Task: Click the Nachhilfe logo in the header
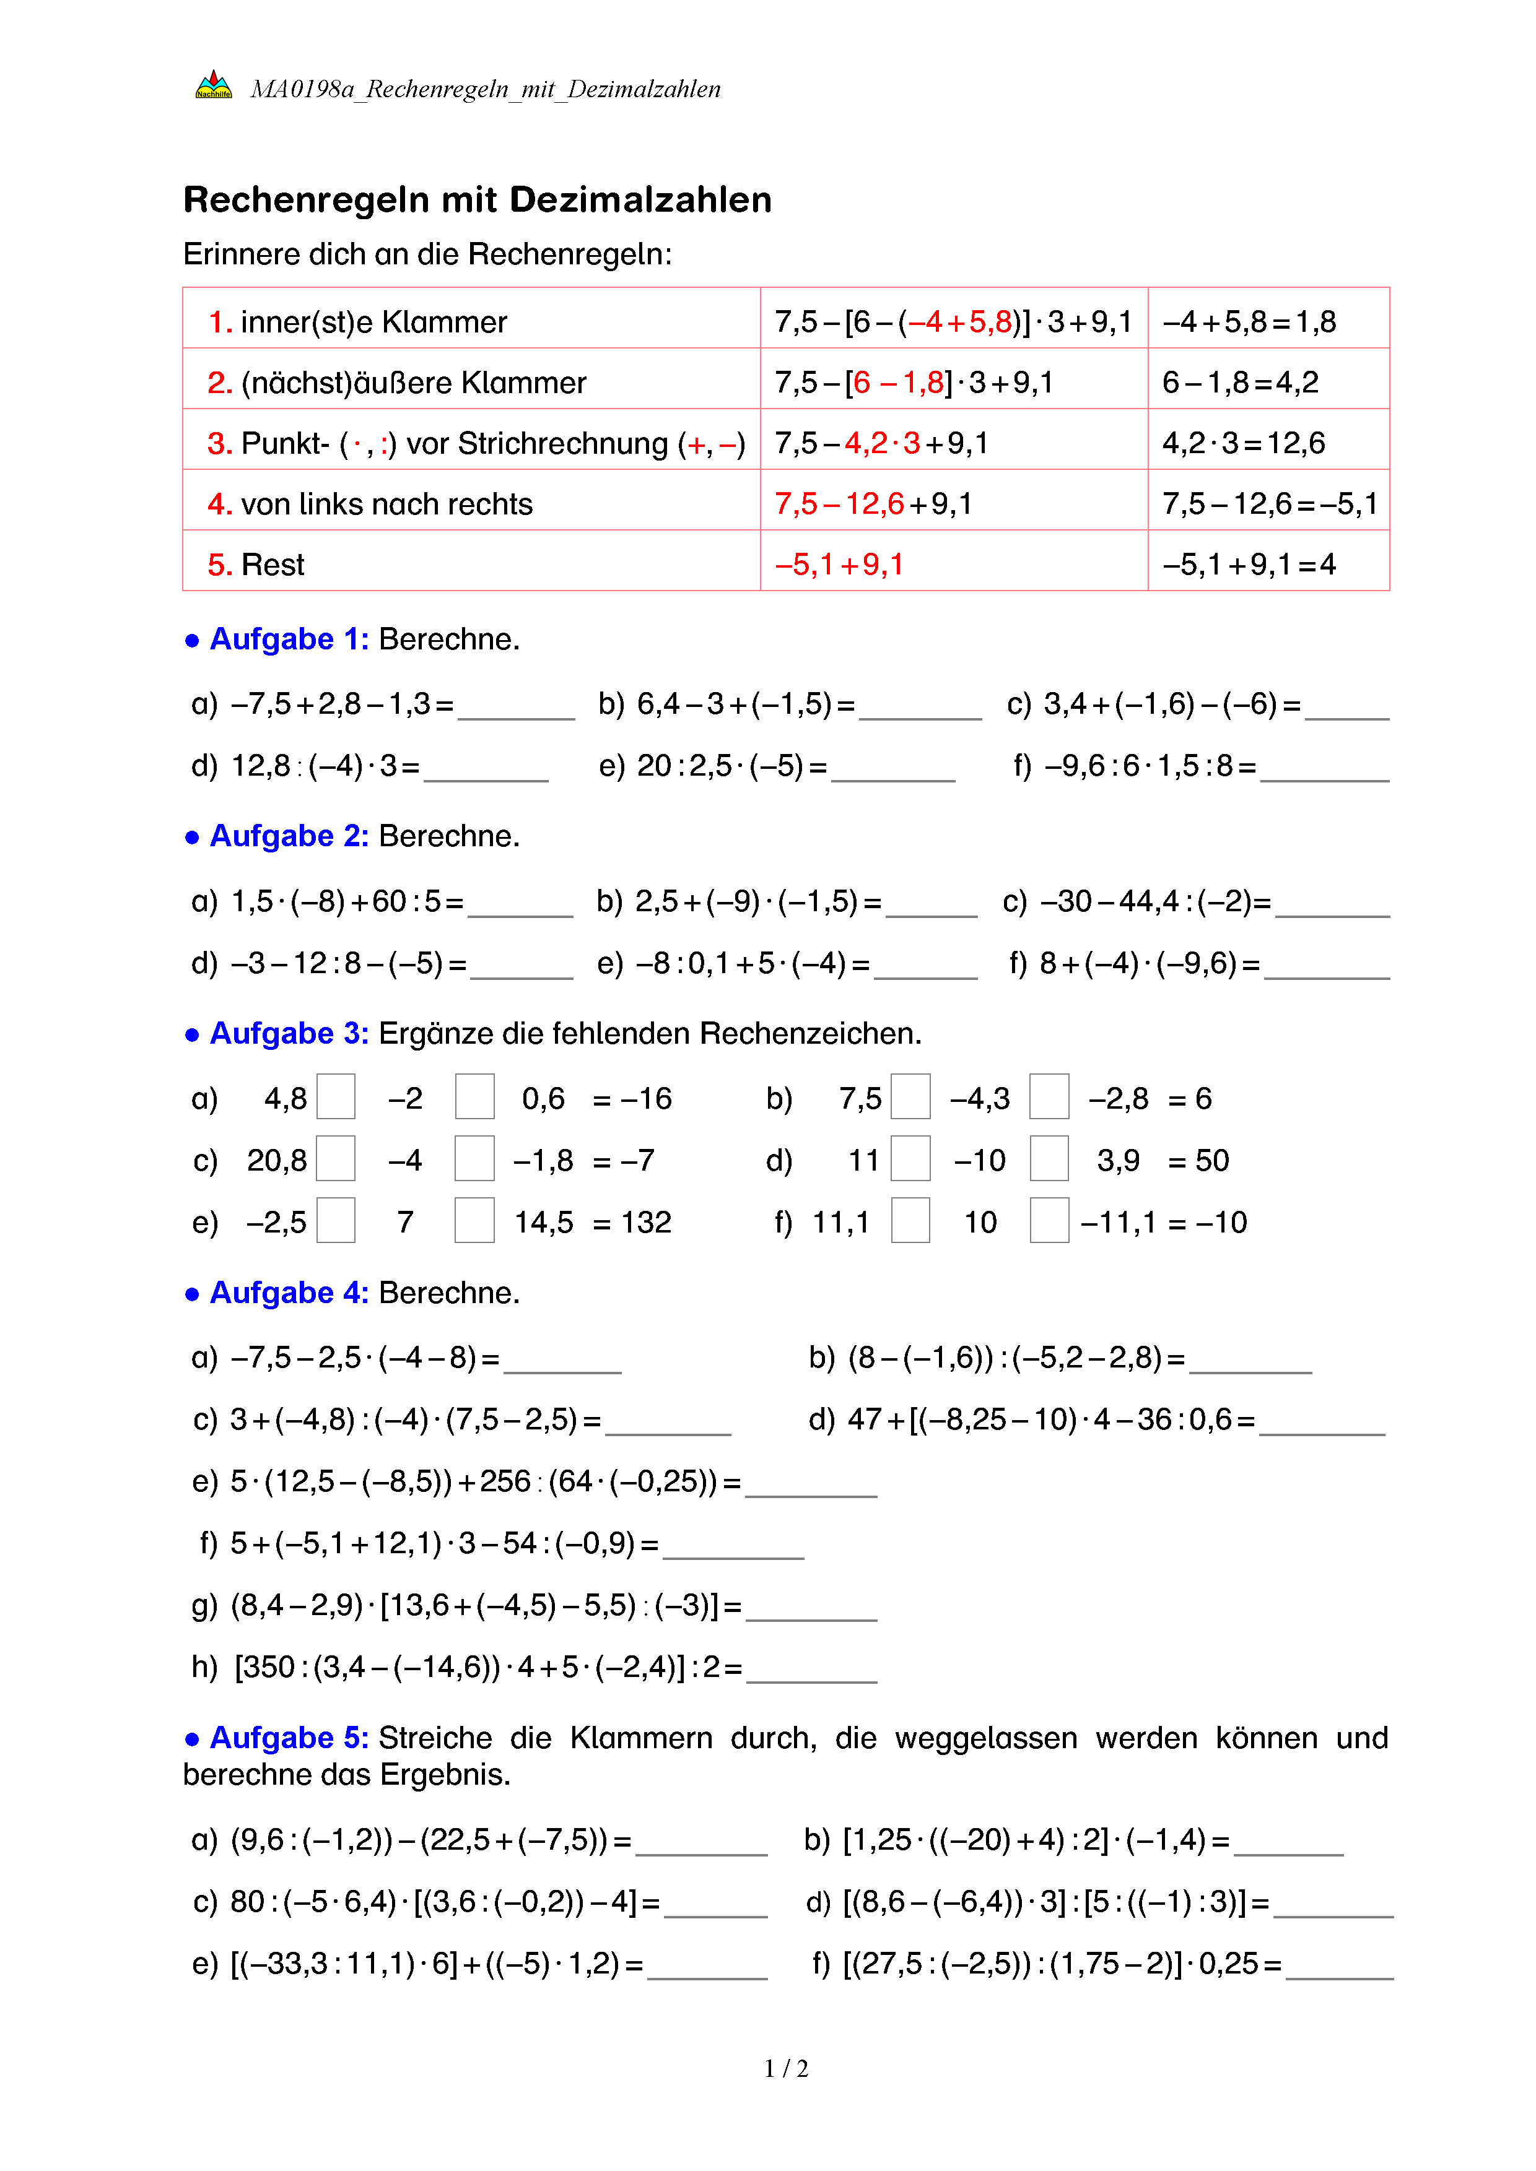[213, 86]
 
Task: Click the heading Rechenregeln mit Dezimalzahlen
[477, 201]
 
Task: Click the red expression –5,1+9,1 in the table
[839, 565]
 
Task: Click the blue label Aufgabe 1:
[289, 639]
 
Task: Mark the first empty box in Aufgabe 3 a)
[336, 1097]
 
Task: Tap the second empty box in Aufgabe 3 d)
[1049, 1159]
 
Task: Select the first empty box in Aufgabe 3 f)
[910, 1221]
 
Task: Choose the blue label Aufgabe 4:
[289, 1293]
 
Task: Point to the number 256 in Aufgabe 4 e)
[505, 1481]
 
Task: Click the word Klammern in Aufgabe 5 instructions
[640, 1738]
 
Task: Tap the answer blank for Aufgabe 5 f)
[1339, 1967]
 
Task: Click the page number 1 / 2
[786, 2069]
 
